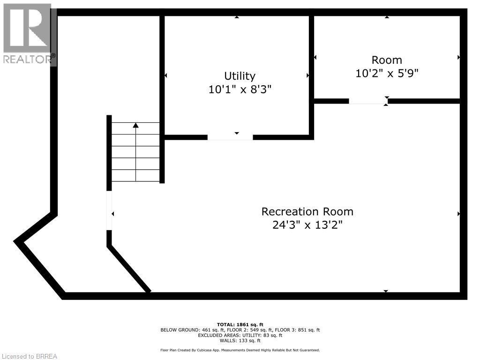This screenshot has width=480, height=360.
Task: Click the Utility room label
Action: (x=240, y=76)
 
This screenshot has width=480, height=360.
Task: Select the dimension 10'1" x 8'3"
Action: (x=240, y=89)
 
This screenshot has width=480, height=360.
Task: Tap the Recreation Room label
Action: (x=307, y=211)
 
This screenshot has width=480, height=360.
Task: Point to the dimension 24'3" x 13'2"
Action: (x=307, y=225)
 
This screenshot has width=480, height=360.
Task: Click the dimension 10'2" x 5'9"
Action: (x=387, y=73)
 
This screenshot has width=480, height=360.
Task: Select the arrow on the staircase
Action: (x=136, y=125)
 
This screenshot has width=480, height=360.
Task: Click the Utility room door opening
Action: (x=230, y=137)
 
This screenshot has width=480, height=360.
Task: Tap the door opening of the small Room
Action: (x=368, y=101)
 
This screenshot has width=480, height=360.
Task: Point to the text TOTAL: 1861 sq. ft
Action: (x=240, y=324)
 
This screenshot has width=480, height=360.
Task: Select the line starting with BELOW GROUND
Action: (x=240, y=330)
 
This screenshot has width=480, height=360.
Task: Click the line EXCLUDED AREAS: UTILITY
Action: (x=240, y=335)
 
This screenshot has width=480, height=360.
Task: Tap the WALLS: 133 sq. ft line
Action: (x=240, y=340)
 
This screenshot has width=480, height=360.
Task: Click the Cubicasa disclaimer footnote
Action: (x=240, y=350)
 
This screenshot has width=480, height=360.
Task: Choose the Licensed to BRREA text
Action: (x=29, y=356)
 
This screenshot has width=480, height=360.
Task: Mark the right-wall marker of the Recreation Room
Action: (x=458, y=214)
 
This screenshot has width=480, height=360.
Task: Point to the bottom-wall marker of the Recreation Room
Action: (x=386, y=291)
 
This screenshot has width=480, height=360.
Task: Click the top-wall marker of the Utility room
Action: (x=237, y=17)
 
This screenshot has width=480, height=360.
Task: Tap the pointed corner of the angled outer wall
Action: (x=16, y=241)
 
